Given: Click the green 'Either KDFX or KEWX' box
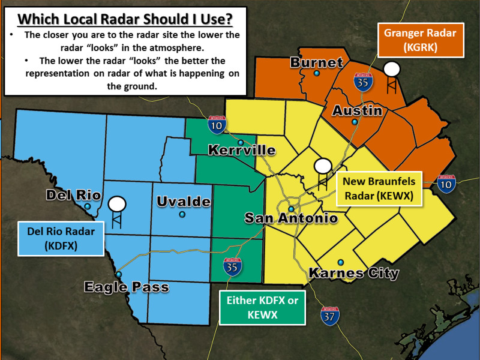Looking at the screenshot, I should (262, 307).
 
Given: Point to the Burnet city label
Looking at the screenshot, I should (316, 62).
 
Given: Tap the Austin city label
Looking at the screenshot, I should (357, 111).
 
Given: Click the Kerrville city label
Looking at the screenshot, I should (242, 150).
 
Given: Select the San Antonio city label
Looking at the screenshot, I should (291, 218).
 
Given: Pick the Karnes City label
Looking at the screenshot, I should (353, 274).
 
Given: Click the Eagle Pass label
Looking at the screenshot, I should (126, 287).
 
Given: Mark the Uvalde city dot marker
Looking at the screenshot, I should (182, 214).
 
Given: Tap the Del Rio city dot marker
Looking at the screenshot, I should (88, 206).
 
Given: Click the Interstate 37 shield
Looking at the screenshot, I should (329, 316).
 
